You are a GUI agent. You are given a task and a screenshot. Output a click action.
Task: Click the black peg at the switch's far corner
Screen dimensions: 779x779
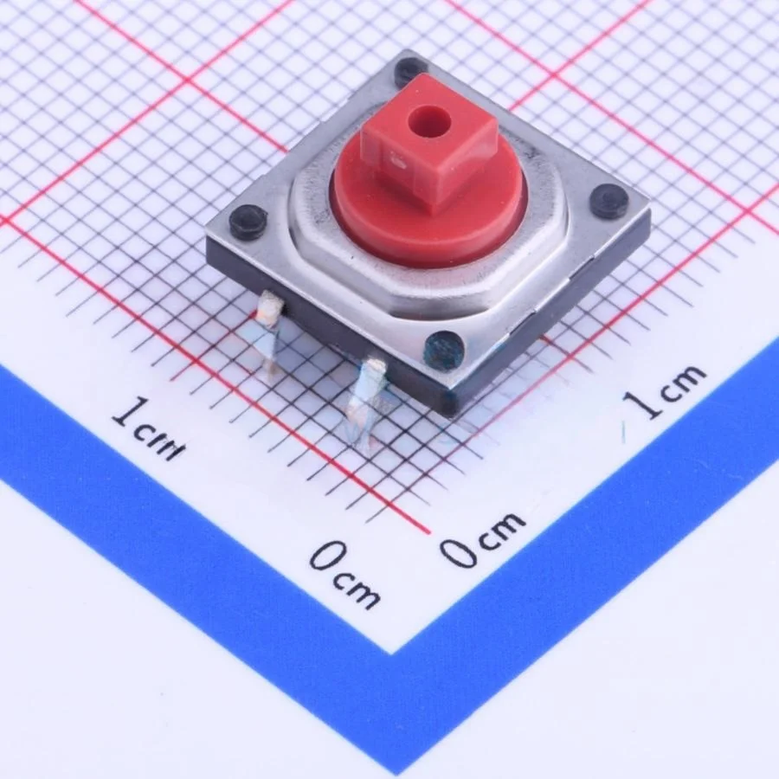pos(410,70)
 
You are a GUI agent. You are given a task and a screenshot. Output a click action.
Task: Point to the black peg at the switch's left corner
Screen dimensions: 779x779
pos(248,222)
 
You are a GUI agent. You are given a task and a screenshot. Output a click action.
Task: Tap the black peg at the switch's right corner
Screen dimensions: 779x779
pos(609,201)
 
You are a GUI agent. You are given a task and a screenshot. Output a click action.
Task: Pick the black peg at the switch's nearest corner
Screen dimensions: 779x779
pos(445,350)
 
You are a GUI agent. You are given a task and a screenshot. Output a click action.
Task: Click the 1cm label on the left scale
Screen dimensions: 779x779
pos(148,427)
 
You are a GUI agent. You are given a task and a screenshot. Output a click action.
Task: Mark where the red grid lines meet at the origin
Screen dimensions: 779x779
pos(428,530)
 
